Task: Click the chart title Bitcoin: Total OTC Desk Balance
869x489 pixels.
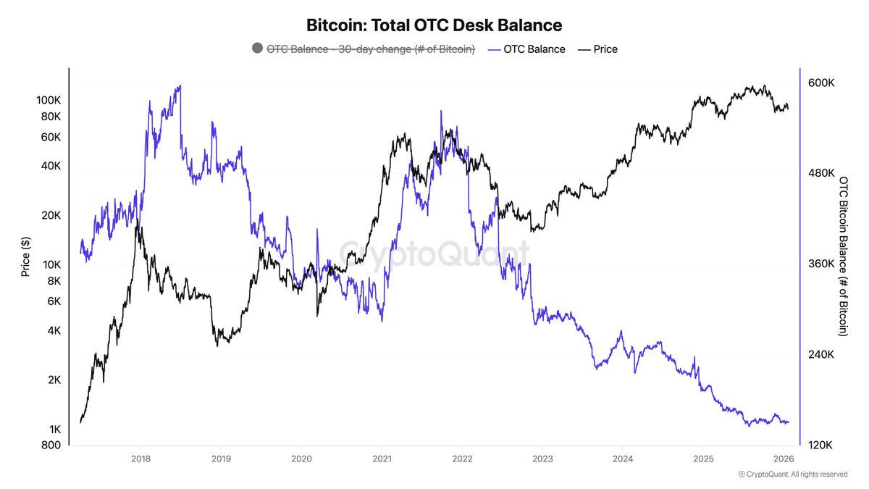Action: tap(434, 25)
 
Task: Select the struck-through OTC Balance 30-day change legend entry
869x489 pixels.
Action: tap(371, 49)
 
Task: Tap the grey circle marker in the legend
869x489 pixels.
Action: tap(257, 48)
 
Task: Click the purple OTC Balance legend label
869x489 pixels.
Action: tap(534, 49)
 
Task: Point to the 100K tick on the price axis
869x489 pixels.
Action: tap(49, 100)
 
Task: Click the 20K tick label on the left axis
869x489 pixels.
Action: tap(51, 215)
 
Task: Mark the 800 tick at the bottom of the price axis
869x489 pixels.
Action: tap(51, 445)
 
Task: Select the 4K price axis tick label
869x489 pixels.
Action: tap(54, 330)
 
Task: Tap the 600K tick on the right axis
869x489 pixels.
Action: tap(821, 83)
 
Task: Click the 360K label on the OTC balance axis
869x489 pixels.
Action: tap(821, 264)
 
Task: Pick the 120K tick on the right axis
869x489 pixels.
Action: tap(820, 445)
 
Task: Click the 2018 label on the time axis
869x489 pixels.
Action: tap(140, 459)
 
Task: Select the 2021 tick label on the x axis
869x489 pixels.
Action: tap(382, 459)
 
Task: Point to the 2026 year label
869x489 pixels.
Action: tap(784, 459)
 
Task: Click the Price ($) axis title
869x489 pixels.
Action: tap(25, 256)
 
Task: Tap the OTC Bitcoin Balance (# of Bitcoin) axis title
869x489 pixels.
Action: tap(844, 256)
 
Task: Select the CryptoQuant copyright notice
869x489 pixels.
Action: tap(792, 475)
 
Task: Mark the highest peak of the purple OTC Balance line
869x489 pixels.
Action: tap(180, 85)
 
